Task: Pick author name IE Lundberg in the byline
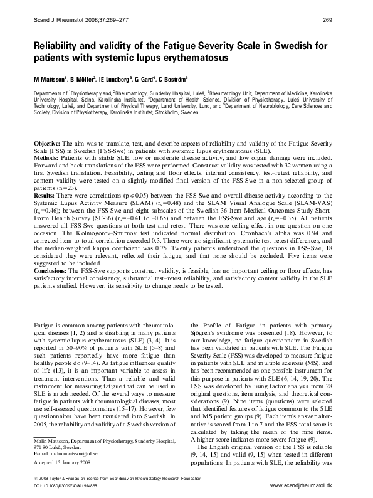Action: tap(114, 81)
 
